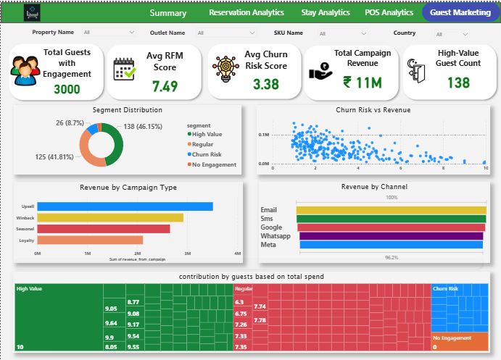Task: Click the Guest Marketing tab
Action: point(460,12)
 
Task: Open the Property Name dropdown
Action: point(109,33)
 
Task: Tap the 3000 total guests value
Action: point(67,89)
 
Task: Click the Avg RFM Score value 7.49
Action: point(165,86)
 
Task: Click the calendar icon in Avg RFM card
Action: point(125,68)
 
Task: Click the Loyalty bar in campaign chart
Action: point(90,240)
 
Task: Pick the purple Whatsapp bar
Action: point(391,236)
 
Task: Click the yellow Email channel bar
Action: point(391,210)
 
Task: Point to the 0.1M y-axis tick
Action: point(263,135)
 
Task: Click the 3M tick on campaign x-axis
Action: point(187,254)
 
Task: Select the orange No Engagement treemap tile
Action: point(458,342)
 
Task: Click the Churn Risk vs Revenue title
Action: point(373,110)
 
